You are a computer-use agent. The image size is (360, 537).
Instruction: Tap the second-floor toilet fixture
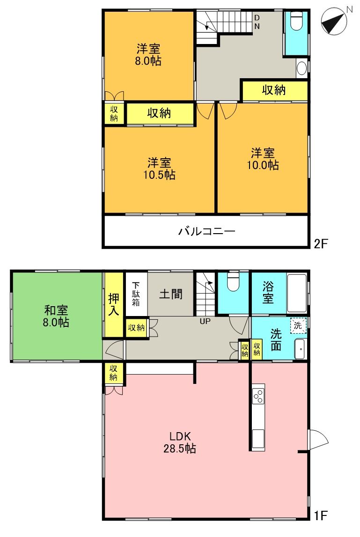point(297,21)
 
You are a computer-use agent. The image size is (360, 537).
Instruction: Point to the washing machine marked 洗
point(298,324)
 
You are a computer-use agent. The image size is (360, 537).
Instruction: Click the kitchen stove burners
point(258,396)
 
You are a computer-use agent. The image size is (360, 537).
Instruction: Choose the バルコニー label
point(206,231)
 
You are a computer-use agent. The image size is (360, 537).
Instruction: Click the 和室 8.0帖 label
point(57,316)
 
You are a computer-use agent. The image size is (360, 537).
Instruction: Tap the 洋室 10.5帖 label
point(160,169)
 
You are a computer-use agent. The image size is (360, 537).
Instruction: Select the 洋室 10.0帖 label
point(263,159)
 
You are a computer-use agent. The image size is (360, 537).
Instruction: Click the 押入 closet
point(113,305)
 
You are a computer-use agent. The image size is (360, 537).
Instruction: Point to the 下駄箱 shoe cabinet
point(136,294)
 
